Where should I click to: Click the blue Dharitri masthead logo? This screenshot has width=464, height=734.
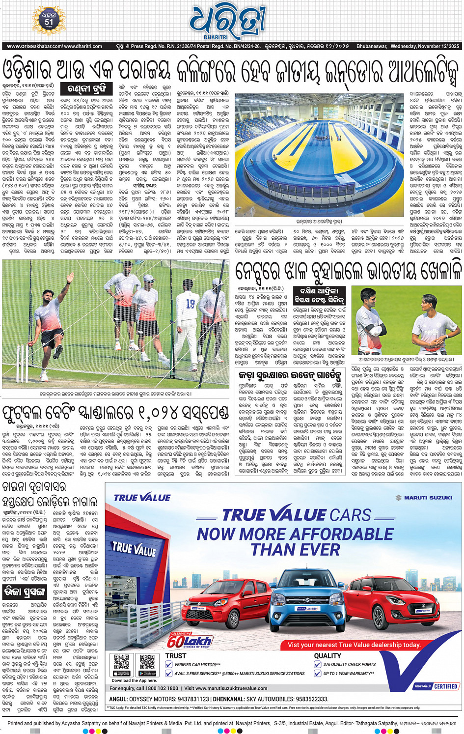click(228, 22)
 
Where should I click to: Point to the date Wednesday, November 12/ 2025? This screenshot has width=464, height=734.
click(425, 47)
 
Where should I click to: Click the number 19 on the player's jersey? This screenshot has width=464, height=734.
click(191, 304)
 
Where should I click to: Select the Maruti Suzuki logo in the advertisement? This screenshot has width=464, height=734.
click(424, 498)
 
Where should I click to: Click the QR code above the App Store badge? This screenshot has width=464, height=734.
click(121, 661)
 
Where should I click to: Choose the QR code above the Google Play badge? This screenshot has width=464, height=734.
click(147, 661)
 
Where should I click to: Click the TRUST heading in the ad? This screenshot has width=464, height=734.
click(176, 655)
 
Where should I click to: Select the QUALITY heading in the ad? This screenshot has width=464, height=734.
click(328, 655)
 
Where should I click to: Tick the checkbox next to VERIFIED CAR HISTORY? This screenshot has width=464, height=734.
click(169, 664)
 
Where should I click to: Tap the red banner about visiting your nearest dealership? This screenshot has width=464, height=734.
click(354, 645)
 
